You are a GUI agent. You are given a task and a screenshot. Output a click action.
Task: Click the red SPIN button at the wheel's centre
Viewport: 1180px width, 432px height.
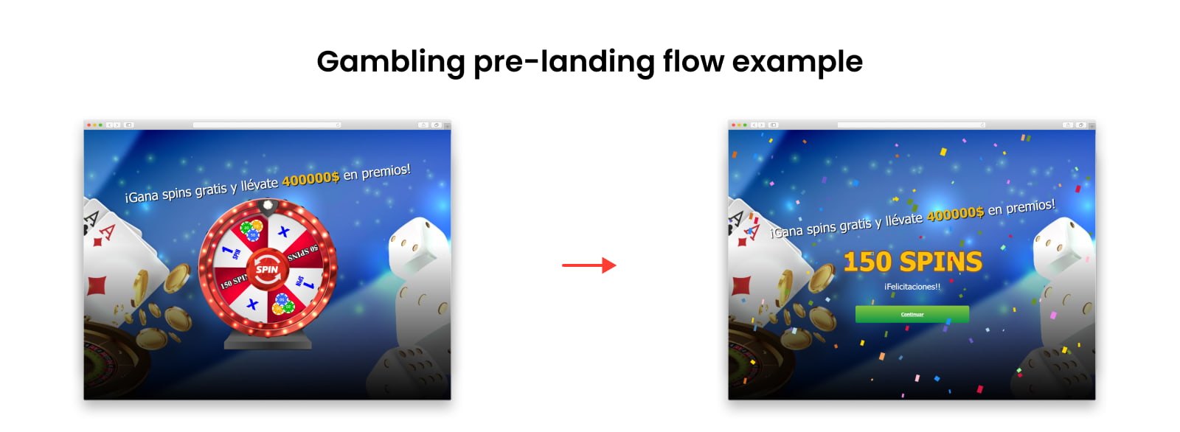266,269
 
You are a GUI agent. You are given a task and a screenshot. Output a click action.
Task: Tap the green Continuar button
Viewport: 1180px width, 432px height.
912,314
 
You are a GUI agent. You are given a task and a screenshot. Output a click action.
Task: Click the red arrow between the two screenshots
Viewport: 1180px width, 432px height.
589,265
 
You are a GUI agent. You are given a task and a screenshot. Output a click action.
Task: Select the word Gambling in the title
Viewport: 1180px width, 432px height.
390,62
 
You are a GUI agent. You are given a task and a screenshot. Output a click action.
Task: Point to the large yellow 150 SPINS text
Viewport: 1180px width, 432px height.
912,262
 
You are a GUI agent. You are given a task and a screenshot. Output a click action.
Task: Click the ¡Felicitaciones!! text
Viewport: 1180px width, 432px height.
912,287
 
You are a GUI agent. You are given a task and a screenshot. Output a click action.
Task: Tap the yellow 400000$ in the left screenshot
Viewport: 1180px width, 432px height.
310,178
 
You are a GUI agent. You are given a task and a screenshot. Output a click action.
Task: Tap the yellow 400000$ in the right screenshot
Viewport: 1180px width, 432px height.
955,214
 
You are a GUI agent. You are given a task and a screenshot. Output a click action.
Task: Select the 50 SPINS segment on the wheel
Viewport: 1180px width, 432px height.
302,252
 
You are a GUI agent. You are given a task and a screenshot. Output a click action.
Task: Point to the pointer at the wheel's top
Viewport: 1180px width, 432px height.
268,204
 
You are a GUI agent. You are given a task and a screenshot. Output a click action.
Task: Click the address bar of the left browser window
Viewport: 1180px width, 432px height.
266,125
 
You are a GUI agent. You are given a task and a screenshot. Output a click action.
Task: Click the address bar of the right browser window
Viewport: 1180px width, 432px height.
911,125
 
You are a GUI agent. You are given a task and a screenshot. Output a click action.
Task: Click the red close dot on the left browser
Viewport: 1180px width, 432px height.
88,125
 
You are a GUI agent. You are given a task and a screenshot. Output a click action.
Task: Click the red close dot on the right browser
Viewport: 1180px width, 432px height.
733,125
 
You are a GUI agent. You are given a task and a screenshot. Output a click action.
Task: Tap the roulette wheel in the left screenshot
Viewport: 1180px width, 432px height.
111,361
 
